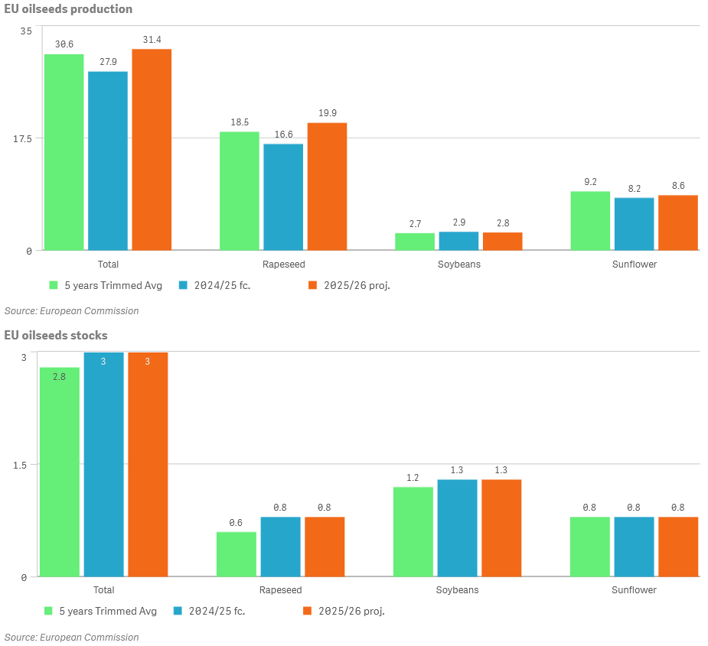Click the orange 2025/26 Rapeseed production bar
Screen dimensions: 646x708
[x=327, y=187]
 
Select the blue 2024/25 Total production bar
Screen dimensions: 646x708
[x=108, y=161]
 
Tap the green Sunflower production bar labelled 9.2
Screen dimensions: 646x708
[x=590, y=220]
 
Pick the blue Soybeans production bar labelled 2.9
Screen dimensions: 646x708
[x=458, y=241]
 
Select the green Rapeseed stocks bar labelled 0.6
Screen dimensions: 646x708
[x=237, y=554]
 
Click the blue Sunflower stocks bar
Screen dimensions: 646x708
[x=634, y=547]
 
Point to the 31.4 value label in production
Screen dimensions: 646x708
[x=152, y=40]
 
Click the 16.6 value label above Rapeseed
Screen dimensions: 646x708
[x=283, y=135]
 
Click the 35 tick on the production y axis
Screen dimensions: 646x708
[x=27, y=31]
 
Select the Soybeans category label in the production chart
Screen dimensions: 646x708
[x=458, y=265]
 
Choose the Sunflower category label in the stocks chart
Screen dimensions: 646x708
[x=634, y=590]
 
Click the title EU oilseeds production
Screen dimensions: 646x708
[x=68, y=9]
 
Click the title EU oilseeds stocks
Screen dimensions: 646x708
[x=56, y=336]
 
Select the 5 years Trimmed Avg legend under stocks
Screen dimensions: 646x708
[x=103, y=611]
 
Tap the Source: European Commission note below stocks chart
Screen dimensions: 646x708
[x=72, y=637]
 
